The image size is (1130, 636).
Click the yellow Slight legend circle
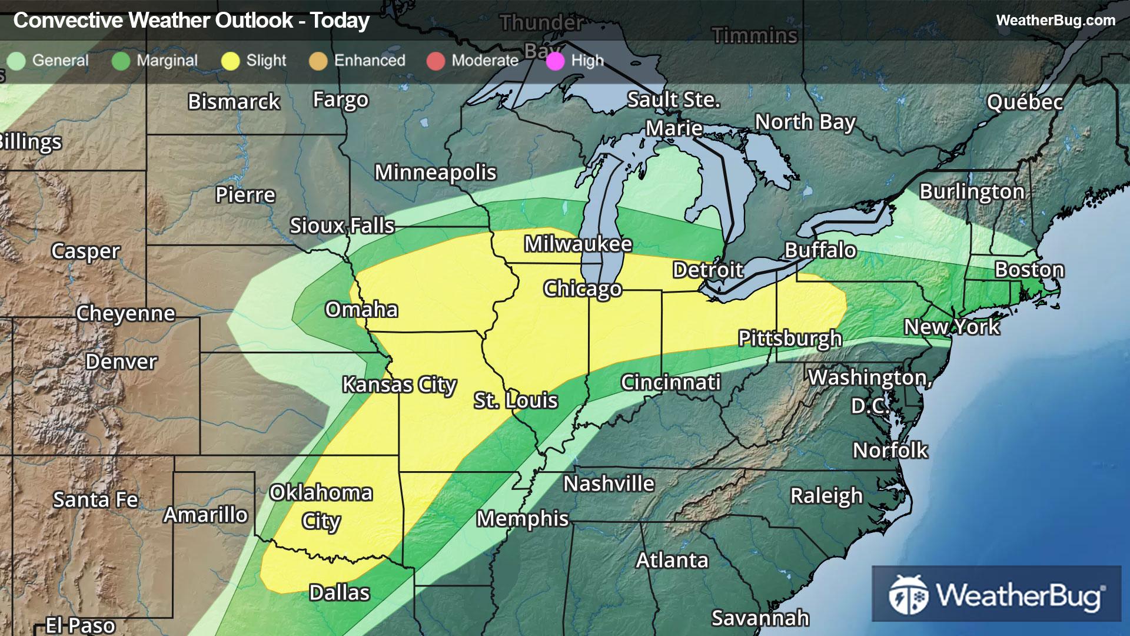pos(230,61)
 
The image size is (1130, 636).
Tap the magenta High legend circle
pos(555,61)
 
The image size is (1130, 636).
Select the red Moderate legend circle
pos(436,61)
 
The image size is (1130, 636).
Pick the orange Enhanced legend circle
pos(318,61)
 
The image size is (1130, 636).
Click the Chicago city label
pos(582,289)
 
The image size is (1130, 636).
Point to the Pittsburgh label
pos(790,339)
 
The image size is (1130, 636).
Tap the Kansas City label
pos(399,385)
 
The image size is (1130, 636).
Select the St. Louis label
pos(516,400)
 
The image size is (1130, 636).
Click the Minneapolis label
pos(436,173)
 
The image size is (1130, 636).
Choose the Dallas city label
pos(340,592)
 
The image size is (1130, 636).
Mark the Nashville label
pos(609,483)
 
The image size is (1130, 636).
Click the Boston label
pos(1029,270)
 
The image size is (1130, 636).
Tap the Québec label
pos(1025,102)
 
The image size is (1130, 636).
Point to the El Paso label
pos(81,625)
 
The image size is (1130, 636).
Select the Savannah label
pos(760,618)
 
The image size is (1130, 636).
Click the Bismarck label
pos(234,102)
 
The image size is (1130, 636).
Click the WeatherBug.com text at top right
pos(1055,21)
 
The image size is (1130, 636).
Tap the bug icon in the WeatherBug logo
pos(908,595)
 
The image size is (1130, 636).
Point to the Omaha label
pos(361,310)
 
